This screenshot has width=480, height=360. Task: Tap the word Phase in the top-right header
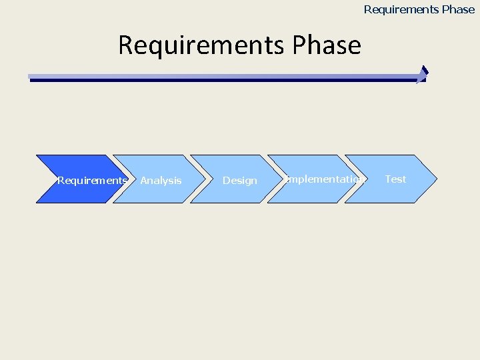coord(457,9)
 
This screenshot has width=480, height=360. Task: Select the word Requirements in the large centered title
coord(202,45)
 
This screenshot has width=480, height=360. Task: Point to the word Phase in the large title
coord(326,45)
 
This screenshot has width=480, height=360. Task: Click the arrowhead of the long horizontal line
coord(422,75)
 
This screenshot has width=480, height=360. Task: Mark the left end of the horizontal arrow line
coord(31,78)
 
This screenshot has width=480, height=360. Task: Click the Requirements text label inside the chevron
coord(92,181)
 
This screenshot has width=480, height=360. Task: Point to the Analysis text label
coord(161,181)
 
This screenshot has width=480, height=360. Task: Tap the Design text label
coord(239,181)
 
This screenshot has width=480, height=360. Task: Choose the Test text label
coord(395,179)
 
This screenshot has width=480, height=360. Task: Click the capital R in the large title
coord(125,45)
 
